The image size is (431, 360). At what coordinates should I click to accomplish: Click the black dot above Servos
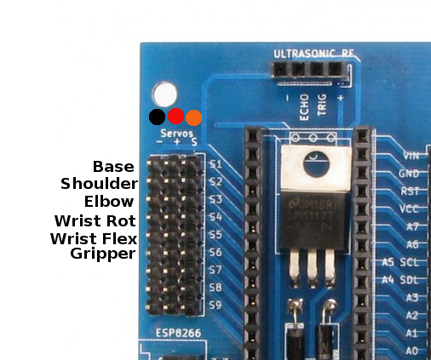(x=157, y=117)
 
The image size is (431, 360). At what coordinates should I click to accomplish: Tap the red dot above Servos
(x=175, y=117)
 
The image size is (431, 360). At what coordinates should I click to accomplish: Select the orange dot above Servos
(x=193, y=117)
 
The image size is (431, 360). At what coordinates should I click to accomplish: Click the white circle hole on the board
(x=163, y=94)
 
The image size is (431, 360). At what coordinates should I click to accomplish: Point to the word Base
(x=113, y=166)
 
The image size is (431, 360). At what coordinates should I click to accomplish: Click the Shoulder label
(x=99, y=184)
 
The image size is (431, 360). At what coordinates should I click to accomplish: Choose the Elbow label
(x=109, y=202)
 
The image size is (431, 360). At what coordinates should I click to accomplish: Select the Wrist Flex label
(x=94, y=237)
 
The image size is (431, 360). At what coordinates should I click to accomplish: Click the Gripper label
(x=103, y=254)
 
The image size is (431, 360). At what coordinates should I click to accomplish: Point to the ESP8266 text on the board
(x=177, y=333)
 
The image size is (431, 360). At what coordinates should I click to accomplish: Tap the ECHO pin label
(x=304, y=106)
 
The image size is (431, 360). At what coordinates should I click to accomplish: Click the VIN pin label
(x=410, y=156)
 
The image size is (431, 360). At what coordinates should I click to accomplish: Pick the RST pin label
(x=410, y=191)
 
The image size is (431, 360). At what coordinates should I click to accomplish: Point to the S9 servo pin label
(x=215, y=305)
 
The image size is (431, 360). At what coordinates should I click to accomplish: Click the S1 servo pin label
(x=215, y=164)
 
